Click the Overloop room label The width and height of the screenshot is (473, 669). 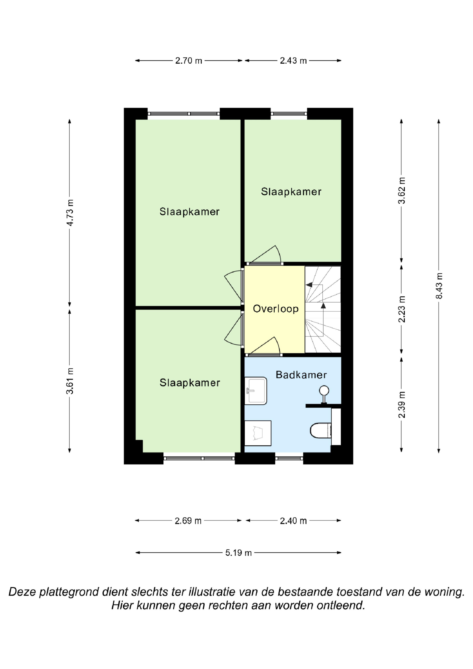click(x=276, y=309)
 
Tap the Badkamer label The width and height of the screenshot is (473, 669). click(x=301, y=375)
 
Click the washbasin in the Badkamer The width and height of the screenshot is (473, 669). click(x=256, y=391)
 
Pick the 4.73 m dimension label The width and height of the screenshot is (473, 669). click(x=70, y=213)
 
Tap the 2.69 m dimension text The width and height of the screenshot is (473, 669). click(x=188, y=521)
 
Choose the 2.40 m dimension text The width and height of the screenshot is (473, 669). click(x=293, y=521)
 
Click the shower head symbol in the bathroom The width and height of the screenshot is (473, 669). click(x=324, y=394)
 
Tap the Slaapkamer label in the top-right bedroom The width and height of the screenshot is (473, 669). click(x=291, y=192)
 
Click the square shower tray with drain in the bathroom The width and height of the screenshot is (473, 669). click(x=258, y=433)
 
